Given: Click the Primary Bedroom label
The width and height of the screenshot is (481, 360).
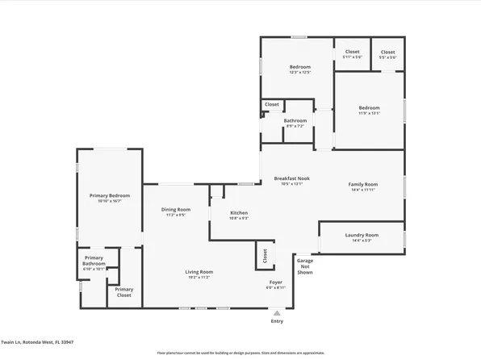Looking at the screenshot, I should click(110, 195).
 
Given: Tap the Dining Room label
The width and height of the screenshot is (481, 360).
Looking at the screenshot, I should click(176, 209).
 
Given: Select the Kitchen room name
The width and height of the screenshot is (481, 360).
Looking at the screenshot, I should click(228, 212).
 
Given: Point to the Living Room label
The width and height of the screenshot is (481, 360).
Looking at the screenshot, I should click(199, 271).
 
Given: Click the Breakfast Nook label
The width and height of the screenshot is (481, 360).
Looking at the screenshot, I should click(292, 178).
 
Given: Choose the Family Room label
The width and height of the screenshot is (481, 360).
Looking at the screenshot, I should click(363, 184).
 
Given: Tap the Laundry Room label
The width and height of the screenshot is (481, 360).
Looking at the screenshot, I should click(362, 235).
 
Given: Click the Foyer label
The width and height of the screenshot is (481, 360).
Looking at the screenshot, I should click(275, 282).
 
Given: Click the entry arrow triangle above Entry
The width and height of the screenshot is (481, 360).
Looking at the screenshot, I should click(277, 313).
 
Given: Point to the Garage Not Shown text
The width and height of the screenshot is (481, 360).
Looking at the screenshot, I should click(304, 266).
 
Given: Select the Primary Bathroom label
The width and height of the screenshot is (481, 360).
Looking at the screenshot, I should click(94, 260).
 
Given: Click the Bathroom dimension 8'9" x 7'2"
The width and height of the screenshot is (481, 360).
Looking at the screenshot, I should click(295, 126).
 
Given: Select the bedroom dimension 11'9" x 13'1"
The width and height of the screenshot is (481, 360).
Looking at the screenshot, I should click(369, 113).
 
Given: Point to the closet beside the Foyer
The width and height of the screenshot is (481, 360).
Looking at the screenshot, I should click(264, 256).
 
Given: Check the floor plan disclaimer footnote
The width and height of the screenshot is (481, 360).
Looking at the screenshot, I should click(240, 353).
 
